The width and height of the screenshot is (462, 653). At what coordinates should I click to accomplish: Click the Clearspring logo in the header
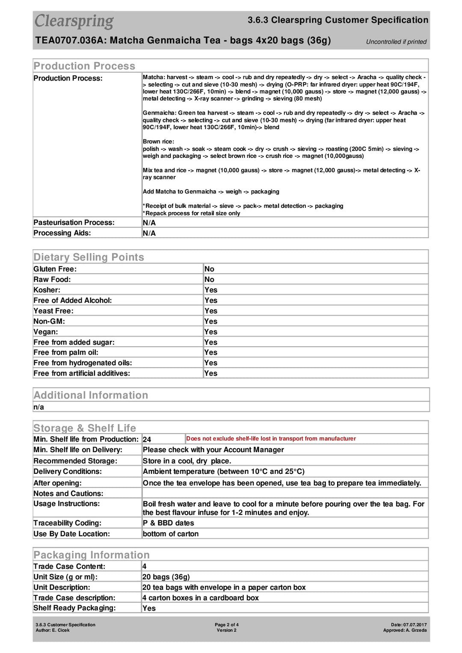click(74, 21)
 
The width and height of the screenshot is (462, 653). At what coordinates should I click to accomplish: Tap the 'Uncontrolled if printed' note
click(396, 42)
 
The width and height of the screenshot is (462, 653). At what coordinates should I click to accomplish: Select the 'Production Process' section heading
click(84, 66)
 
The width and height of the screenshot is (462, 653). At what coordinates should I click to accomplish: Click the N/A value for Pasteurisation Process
click(149, 223)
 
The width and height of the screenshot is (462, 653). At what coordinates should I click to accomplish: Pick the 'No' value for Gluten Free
click(209, 269)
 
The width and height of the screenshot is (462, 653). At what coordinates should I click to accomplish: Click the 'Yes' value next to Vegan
click(210, 332)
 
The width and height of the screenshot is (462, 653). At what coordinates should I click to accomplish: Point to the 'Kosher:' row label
click(47, 290)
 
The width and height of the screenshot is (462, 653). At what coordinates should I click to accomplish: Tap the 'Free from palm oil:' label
click(66, 352)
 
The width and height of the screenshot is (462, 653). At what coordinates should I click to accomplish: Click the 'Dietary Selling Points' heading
click(89, 257)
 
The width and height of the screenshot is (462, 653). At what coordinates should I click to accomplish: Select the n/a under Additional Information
click(39, 407)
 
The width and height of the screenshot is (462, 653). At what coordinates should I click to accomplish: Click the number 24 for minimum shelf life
click(147, 440)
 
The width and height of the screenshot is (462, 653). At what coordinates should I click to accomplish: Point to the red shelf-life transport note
click(271, 439)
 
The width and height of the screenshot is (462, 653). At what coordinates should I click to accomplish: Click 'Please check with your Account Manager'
click(213, 450)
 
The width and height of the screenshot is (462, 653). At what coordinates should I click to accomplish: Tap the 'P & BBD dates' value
click(168, 523)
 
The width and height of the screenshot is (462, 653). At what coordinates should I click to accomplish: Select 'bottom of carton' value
click(170, 534)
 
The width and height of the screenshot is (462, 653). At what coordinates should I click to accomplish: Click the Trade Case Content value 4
click(144, 567)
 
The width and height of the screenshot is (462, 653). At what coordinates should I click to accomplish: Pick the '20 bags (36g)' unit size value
click(166, 577)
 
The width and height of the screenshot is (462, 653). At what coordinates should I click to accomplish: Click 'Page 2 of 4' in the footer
click(227, 625)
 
